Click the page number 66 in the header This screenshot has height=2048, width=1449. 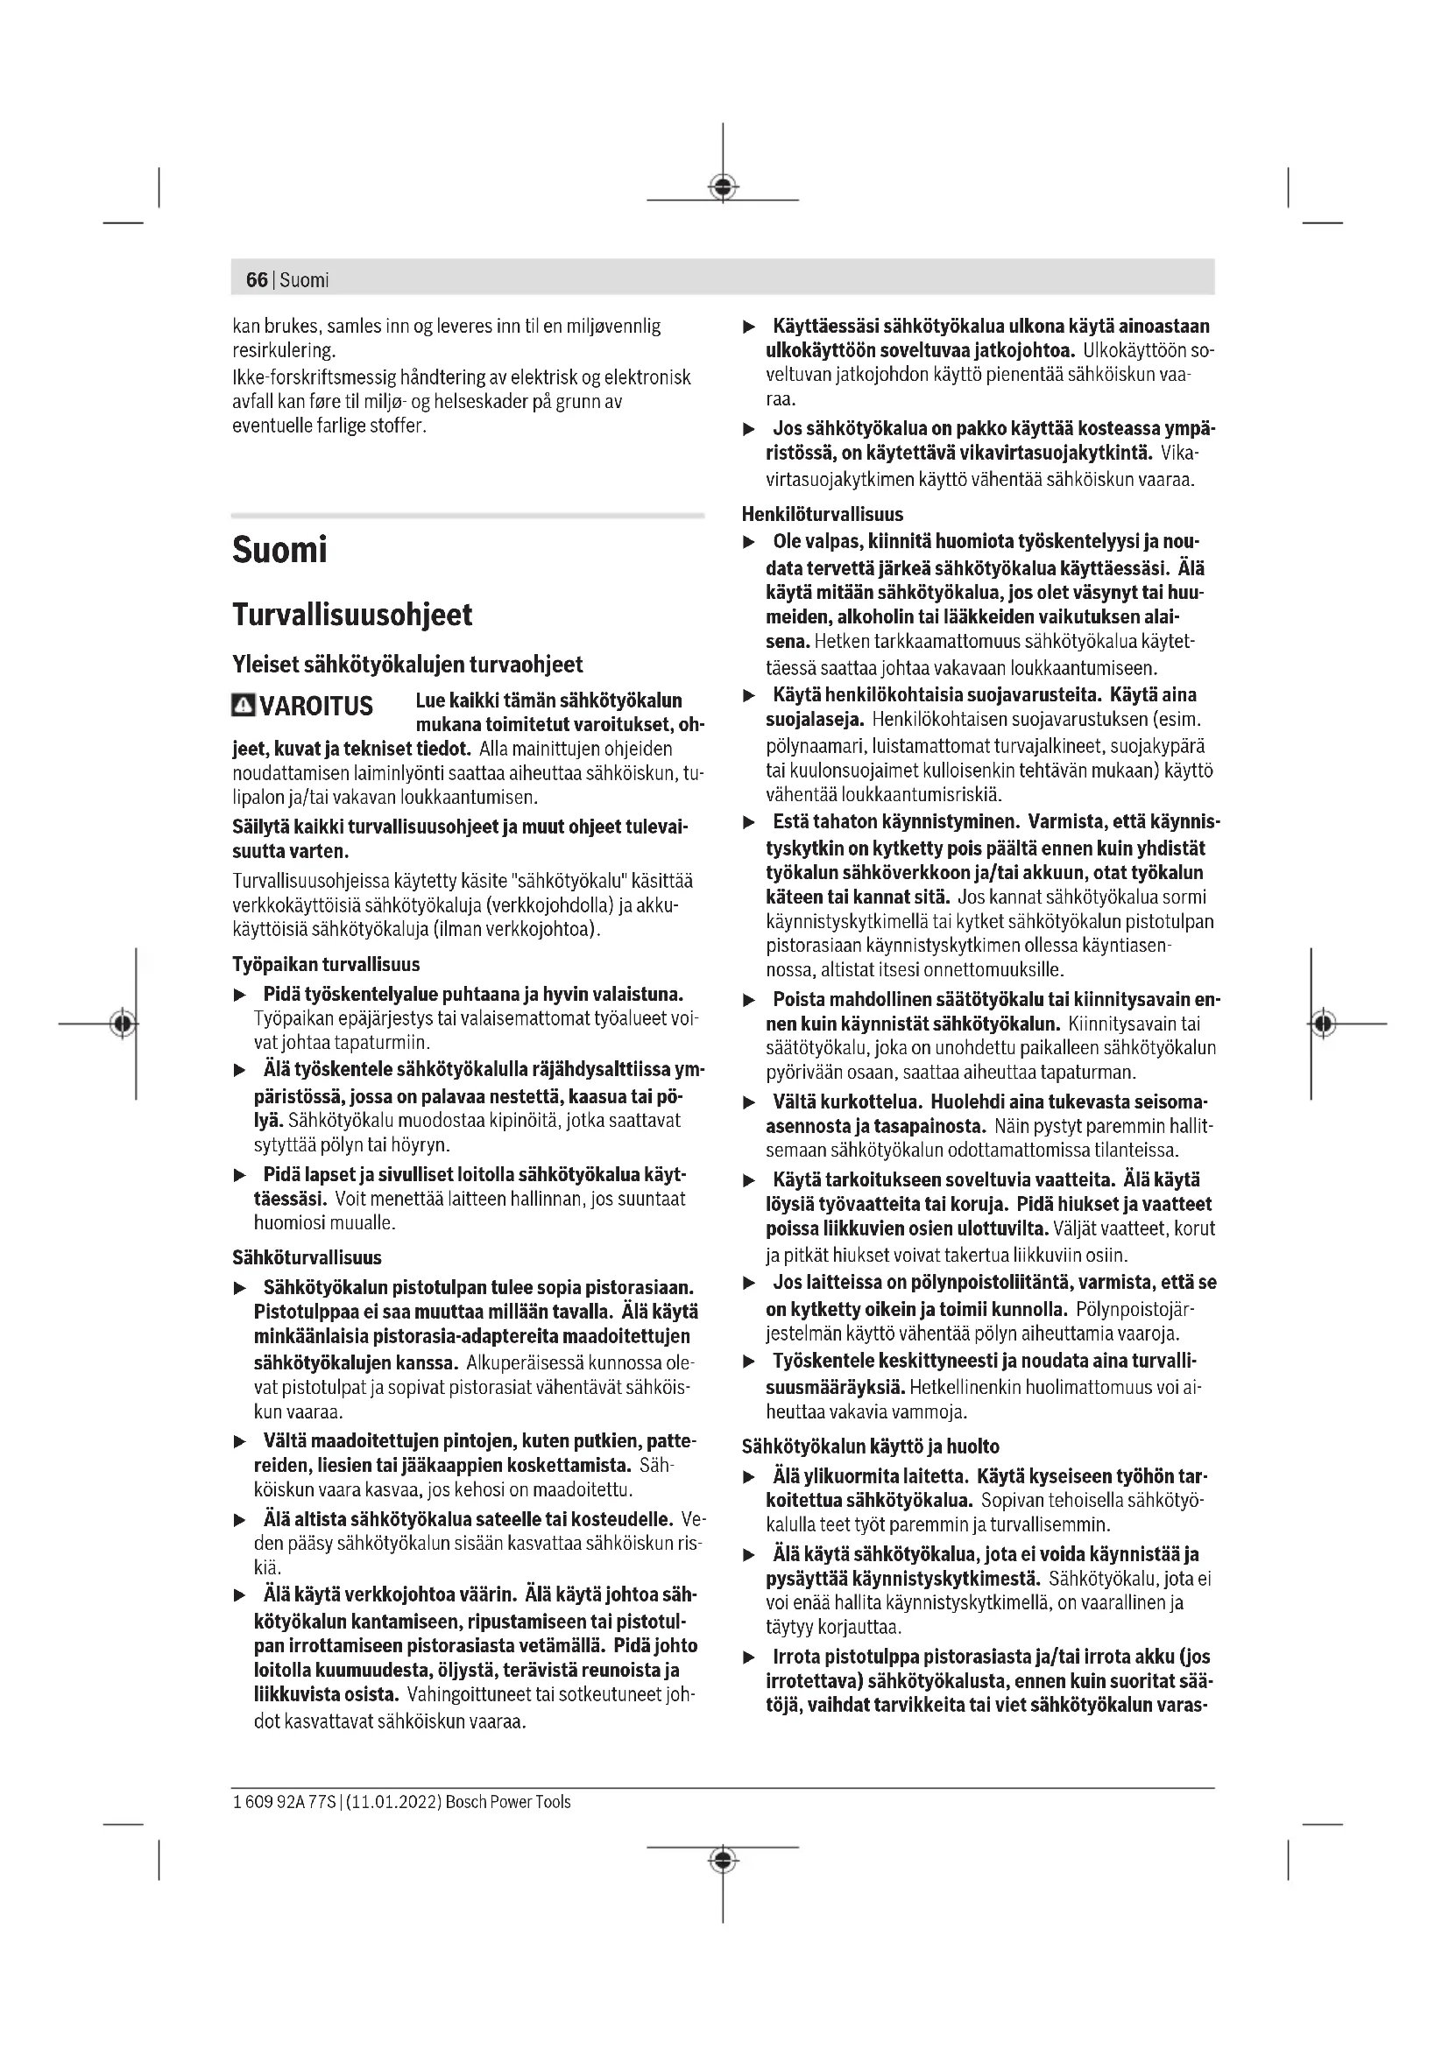tap(256, 280)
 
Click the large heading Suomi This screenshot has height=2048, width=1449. tap(279, 550)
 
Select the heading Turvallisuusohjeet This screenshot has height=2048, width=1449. tap(351, 615)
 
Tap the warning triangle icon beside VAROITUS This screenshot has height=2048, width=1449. tap(243, 706)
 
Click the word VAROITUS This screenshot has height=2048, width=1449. tap(316, 707)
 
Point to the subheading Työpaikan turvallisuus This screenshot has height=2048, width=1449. tap(326, 964)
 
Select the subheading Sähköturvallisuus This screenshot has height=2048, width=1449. tap(306, 1257)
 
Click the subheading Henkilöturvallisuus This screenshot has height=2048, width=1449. tap(822, 514)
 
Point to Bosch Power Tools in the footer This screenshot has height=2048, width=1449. tap(508, 1802)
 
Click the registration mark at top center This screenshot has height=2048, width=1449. tap(723, 187)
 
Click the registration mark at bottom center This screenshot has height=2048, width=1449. tap(723, 1860)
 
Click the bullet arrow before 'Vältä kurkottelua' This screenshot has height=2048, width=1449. tap(750, 1103)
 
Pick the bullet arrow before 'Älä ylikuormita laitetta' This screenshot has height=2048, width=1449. tap(750, 1478)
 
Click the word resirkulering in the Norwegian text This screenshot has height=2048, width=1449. tap(283, 350)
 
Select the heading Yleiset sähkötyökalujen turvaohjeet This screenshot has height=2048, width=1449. tap(406, 665)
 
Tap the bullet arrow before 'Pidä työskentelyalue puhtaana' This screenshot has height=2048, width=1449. tap(239, 995)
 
